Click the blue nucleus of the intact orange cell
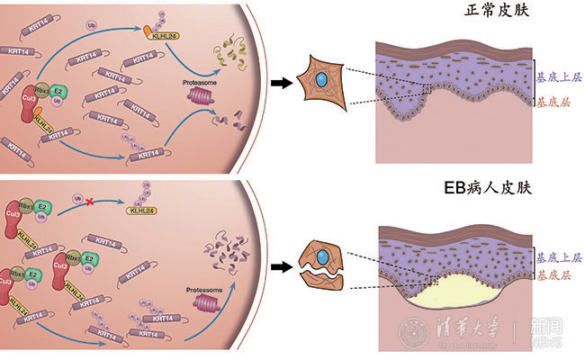(x=321, y=81)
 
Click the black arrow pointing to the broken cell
(x=283, y=266)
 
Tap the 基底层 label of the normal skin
(x=552, y=103)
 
